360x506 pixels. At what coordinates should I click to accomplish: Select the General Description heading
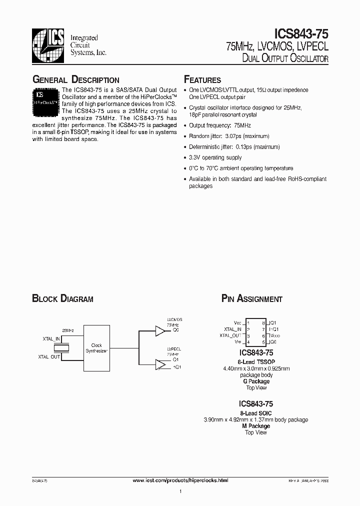tap(75, 80)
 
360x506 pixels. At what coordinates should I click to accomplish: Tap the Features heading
tap(202, 80)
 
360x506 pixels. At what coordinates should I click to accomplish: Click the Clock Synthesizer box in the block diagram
tap(96, 348)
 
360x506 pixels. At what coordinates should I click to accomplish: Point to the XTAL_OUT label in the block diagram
tap(49, 356)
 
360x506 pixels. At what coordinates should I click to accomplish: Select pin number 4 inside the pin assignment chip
tap(248, 342)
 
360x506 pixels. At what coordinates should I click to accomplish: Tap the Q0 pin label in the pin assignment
tap(273, 342)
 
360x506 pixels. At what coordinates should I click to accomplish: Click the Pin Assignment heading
tap(252, 299)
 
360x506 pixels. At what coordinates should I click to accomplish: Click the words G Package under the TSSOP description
tap(256, 381)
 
